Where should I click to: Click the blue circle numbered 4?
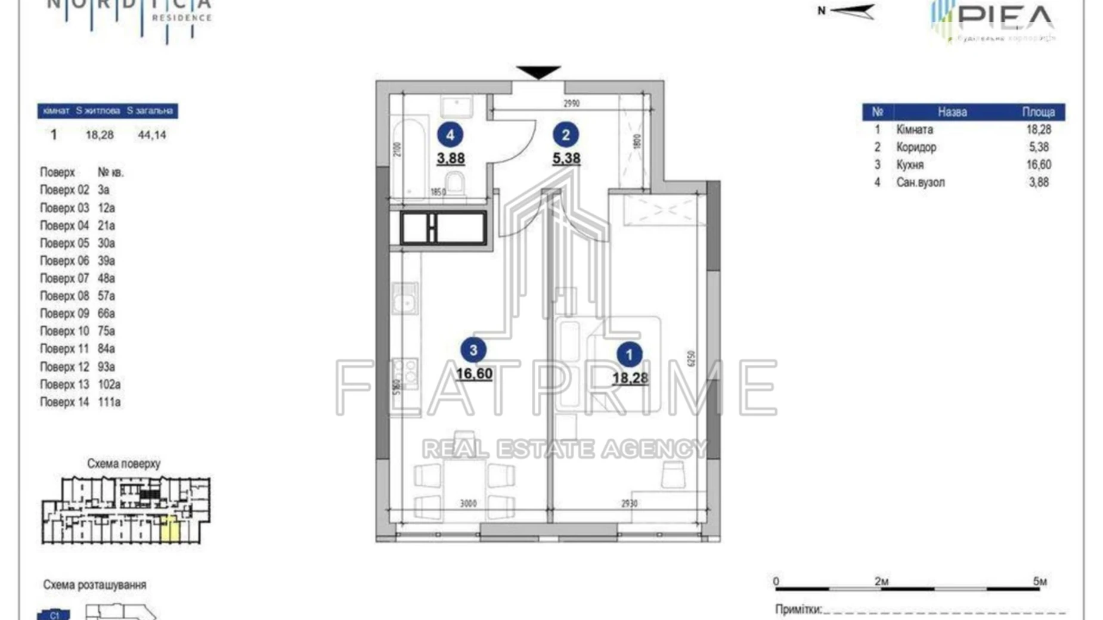coord(450,135)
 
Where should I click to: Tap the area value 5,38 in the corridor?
coord(566,159)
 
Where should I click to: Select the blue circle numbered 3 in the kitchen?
coord(473,350)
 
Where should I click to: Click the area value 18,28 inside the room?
coord(630,378)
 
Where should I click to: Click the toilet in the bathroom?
coord(456,183)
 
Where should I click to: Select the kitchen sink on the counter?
coord(405,298)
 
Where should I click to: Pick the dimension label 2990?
coord(571,104)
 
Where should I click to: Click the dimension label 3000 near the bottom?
coord(468,504)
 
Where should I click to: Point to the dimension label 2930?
coord(629,504)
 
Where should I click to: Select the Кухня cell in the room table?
coord(910,165)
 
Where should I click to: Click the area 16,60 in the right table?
coord(1039,165)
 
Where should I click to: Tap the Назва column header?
coord(952,112)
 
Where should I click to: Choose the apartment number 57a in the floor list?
coord(106,296)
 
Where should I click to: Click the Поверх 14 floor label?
coord(64,402)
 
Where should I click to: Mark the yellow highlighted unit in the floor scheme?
coord(170,529)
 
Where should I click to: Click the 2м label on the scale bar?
coord(881,581)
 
